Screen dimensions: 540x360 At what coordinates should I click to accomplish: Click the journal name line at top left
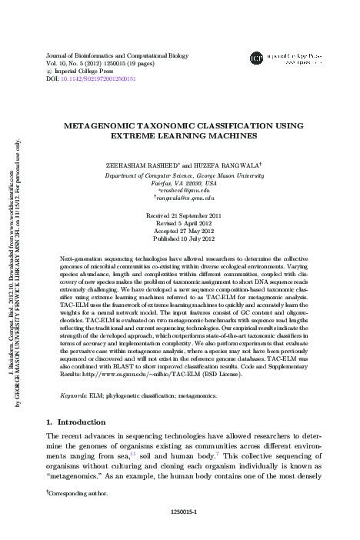(x=96, y=56)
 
